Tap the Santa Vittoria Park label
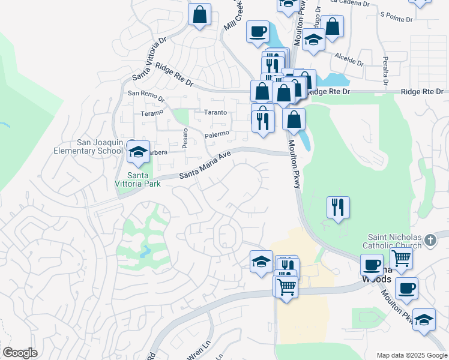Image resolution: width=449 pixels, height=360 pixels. tap(138, 179)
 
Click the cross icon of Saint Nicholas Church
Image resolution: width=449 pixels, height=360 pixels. tap(430, 241)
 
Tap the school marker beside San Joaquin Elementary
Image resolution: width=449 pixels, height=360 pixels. tap(138, 152)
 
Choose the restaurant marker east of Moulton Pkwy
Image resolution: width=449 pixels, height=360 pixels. tap(338, 208)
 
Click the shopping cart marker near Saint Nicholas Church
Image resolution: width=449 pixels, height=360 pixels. tap(402, 259)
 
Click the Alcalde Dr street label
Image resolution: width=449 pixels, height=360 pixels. tap(350, 61)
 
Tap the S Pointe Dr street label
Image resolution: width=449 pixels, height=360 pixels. tap(397, 18)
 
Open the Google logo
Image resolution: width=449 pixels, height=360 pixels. tap(19, 353)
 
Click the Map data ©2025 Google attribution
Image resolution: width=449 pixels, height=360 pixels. tap(411, 355)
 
